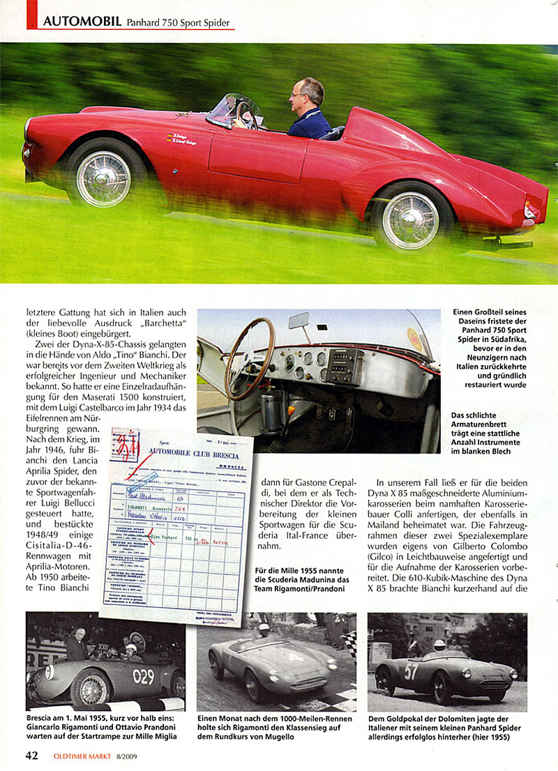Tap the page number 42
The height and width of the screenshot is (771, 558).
[x=31, y=756]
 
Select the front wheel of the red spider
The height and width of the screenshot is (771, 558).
[x=103, y=178]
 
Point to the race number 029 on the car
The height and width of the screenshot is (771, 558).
[x=144, y=675]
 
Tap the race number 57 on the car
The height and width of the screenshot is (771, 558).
[x=412, y=671]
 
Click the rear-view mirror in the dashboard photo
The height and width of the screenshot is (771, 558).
[x=299, y=321]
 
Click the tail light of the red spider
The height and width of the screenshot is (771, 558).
[x=531, y=209]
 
